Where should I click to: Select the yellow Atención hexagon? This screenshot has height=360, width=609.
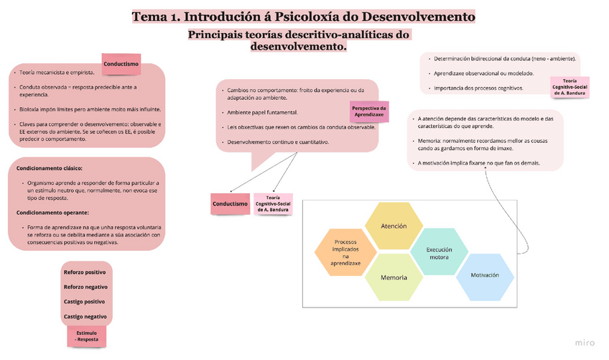[x=394, y=226]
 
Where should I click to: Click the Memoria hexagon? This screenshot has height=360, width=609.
[x=394, y=277]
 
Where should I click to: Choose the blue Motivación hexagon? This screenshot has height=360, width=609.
[x=485, y=276]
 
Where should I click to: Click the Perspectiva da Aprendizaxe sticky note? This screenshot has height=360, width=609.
[x=369, y=112]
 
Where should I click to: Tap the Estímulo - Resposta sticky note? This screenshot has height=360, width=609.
[x=87, y=336]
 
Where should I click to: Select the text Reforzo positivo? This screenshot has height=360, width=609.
[x=85, y=273]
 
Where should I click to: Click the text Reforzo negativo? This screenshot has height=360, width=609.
[x=85, y=287]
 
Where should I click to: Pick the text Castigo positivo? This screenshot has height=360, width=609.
[x=85, y=302]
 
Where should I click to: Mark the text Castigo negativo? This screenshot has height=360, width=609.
[x=85, y=316]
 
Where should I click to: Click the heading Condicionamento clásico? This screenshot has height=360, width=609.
[x=50, y=168]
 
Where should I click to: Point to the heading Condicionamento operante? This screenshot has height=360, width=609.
[x=52, y=213]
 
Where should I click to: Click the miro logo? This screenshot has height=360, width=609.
[x=585, y=342]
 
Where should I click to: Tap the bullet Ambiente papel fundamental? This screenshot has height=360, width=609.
[x=263, y=113]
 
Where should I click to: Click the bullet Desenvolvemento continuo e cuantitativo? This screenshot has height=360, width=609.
[x=279, y=142]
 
